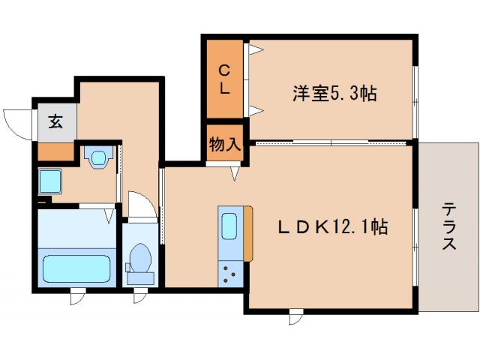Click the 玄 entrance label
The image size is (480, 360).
[x=55, y=121]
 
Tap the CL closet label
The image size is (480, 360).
[x=224, y=78]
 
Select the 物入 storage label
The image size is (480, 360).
[x=225, y=144]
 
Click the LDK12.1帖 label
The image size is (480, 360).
[x=334, y=226]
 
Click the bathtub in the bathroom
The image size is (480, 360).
[x=77, y=268]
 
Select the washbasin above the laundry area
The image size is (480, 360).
[x=98, y=157]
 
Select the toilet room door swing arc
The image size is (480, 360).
[x=140, y=204]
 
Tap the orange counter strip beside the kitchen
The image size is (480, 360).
[x=248, y=235]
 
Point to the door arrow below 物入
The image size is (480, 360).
[x=235, y=173]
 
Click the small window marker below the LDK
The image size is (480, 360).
[x=295, y=316]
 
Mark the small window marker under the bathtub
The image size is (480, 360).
[x=78, y=298]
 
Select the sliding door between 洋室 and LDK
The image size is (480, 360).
[x=330, y=142]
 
